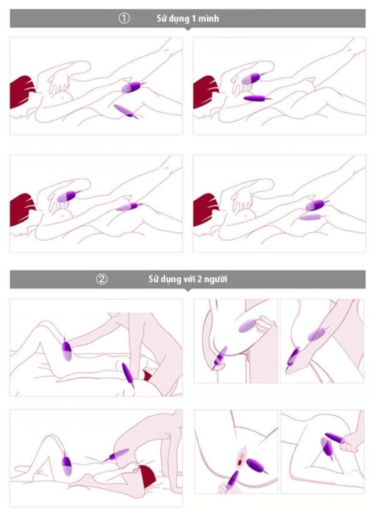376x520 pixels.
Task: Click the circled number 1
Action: [x=124, y=18]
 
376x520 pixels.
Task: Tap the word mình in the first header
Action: [x=209, y=19]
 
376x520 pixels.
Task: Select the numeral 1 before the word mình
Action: [x=194, y=19]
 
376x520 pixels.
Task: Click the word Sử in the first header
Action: [x=161, y=18]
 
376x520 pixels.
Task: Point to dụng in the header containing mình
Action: [x=179, y=19]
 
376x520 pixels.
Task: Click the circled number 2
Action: [x=102, y=279]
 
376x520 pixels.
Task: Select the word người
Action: [x=216, y=280]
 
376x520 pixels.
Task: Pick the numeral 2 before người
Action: [x=199, y=279]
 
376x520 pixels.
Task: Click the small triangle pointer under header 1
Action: [x=188, y=29]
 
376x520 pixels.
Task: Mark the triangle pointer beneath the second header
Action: [x=188, y=290]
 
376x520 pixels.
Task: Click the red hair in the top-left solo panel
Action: [x=21, y=91]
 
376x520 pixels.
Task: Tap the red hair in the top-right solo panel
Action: [x=204, y=91]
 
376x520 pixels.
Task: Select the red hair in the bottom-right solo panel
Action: [x=204, y=209]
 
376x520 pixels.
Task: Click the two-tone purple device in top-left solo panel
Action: [x=132, y=87]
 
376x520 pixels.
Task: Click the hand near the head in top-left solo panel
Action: [x=58, y=84]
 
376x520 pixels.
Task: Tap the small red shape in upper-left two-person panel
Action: [x=148, y=375]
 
